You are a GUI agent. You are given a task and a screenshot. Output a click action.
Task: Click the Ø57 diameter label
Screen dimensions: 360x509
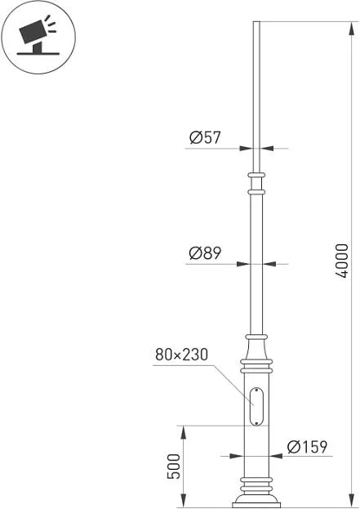(205, 137)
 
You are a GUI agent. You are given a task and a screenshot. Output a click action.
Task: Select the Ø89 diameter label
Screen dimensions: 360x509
(205, 253)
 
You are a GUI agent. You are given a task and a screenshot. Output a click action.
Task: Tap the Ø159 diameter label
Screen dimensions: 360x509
(308, 447)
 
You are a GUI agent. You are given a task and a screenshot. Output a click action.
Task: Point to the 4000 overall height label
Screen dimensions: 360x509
(341, 261)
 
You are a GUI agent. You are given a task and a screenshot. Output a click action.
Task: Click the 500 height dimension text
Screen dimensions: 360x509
(174, 467)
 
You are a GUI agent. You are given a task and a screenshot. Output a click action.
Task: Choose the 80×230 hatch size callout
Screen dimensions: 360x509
(181, 355)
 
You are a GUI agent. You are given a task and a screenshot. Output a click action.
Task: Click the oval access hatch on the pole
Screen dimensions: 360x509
(256, 406)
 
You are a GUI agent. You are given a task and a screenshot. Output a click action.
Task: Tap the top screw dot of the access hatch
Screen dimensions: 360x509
(256, 390)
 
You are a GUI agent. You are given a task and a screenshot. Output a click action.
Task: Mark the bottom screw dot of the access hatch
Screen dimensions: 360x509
(256, 423)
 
